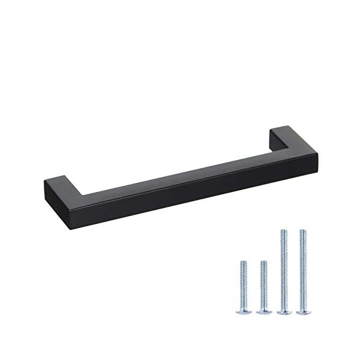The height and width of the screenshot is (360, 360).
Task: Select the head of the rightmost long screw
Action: [303, 312]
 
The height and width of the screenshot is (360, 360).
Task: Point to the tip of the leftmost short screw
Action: [244, 262]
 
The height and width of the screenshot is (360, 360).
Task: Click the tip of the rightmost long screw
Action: [303, 230]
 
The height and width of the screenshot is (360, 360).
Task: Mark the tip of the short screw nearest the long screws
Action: [263, 262]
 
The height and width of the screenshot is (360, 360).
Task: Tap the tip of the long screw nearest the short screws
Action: [283, 230]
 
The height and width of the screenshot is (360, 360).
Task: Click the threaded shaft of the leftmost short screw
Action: [244, 285]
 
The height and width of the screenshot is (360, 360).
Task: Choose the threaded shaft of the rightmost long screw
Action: [303, 270]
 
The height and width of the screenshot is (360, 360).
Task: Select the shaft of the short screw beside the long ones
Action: [263, 285]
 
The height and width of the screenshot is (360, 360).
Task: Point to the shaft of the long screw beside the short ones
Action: [283, 270]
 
